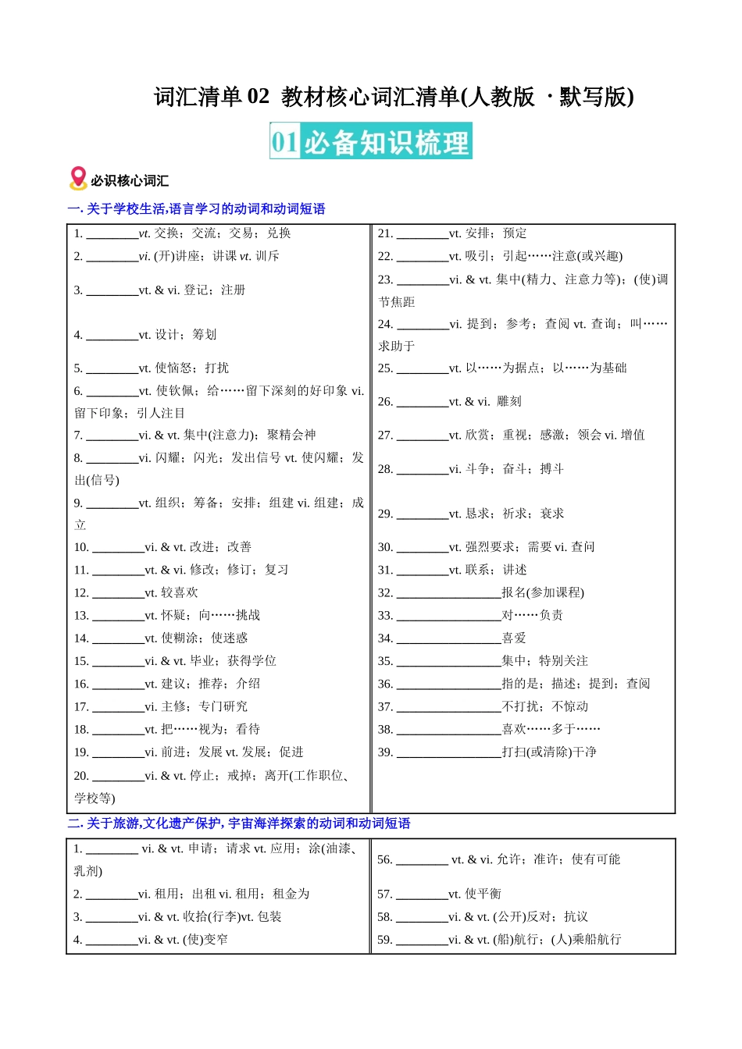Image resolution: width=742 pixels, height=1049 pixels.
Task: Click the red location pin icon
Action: pyautogui.click(x=78, y=178)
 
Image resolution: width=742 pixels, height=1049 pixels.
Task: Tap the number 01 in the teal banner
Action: pyautogui.click(x=285, y=142)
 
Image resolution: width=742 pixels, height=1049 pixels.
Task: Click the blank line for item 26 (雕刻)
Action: pyautogui.click(x=423, y=403)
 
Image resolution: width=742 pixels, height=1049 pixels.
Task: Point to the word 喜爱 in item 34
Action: pyautogui.click(x=514, y=638)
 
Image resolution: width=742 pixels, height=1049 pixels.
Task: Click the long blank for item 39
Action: pyautogui.click(x=449, y=753)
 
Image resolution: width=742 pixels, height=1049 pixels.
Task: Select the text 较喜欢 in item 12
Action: pyautogui.click(x=180, y=593)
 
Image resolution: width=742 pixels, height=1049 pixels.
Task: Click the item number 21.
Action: pyautogui.click(x=385, y=233)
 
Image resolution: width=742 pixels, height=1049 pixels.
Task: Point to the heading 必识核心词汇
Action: pyautogui.click(x=130, y=181)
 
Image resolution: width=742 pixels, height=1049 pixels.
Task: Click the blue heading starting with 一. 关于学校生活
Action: pyautogui.click(x=196, y=209)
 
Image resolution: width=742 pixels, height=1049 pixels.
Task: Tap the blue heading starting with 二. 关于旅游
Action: pyautogui.click(x=239, y=823)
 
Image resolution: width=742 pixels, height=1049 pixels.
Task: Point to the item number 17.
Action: pyautogui.click(x=81, y=707)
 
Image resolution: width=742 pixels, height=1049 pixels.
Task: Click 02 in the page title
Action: pyautogui.click(x=258, y=97)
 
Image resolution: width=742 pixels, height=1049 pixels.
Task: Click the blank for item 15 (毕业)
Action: pyautogui.click(x=118, y=662)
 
